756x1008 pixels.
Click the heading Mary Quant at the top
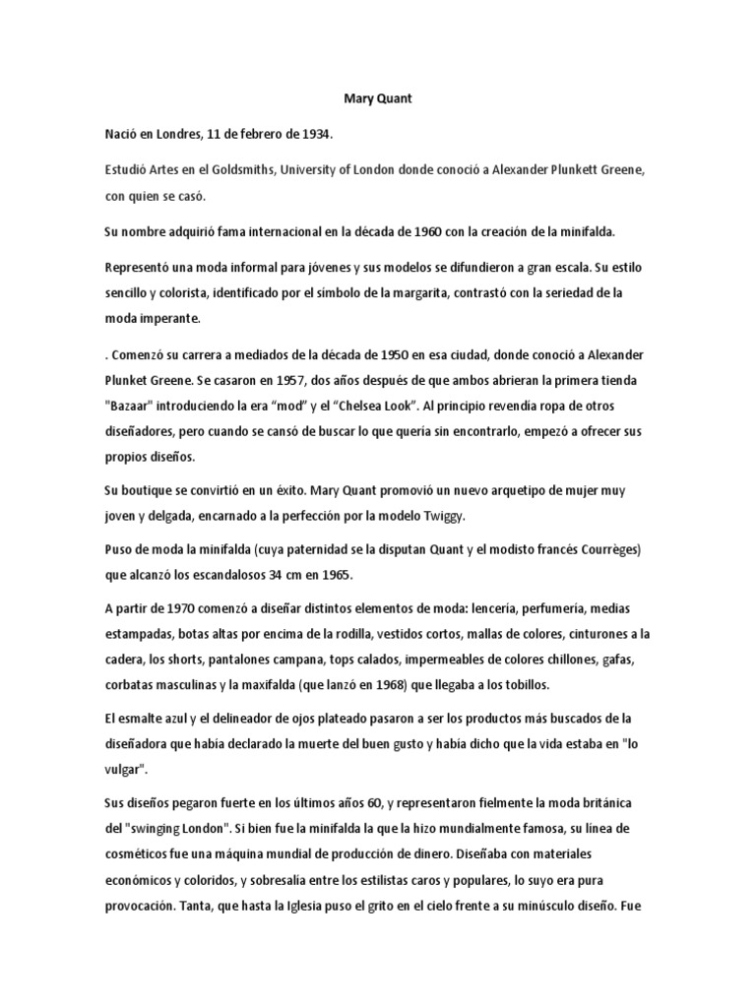tap(377, 99)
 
